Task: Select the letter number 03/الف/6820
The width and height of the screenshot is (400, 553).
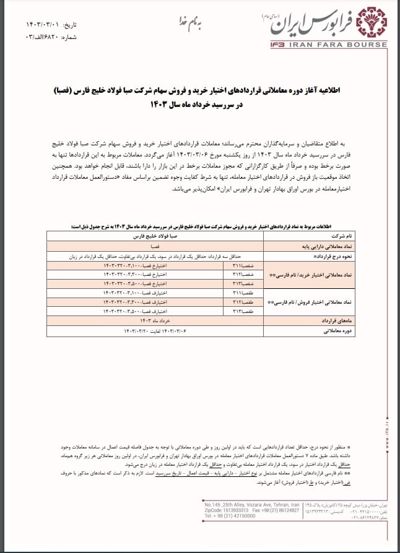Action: click(52, 36)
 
